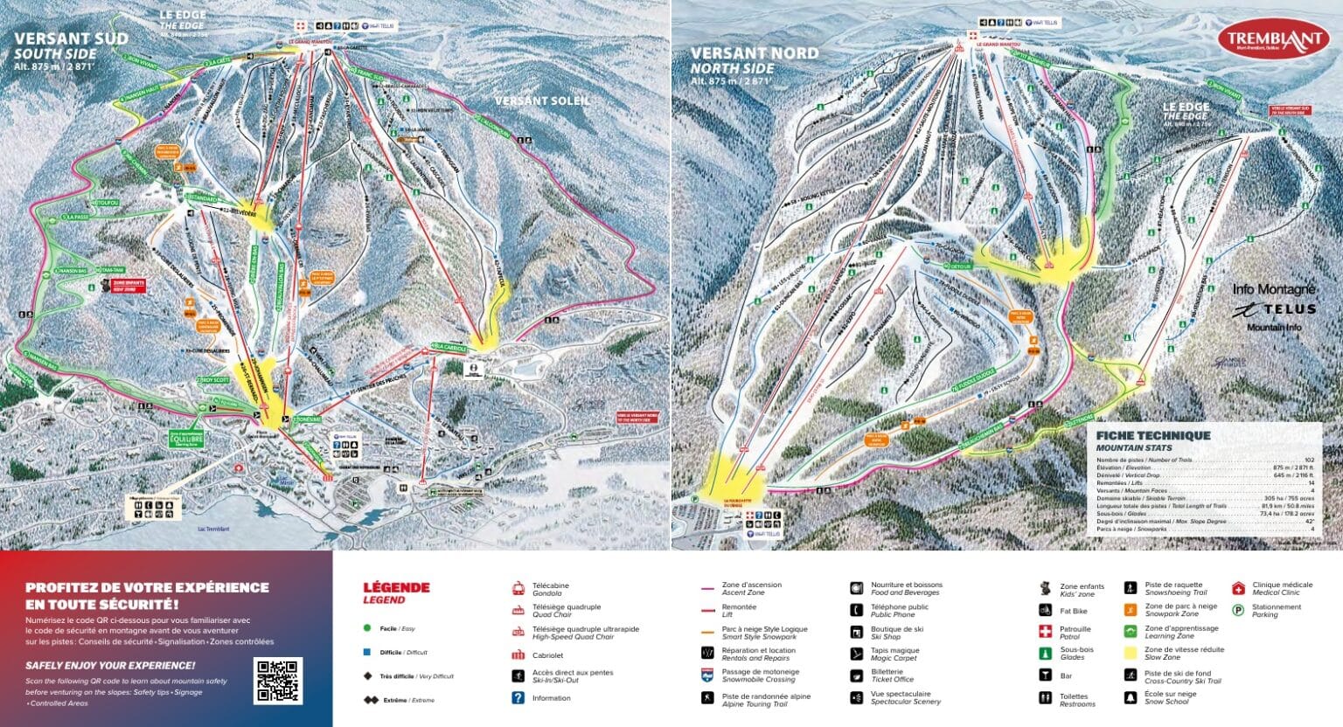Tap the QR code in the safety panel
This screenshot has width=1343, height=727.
point(278,682)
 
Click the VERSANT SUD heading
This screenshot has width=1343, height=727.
point(71,38)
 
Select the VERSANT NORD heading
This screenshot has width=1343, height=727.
point(754,53)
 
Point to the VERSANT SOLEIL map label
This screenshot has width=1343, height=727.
point(542,101)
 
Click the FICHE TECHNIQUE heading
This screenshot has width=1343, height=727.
point(1152,435)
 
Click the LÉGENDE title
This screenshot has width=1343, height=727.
point(396,587)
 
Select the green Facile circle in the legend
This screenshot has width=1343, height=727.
point(368,627)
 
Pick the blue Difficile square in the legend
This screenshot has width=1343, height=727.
point(368,652)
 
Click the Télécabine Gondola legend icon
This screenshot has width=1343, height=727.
point(518,588)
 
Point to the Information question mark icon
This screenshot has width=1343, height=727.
point(518,698)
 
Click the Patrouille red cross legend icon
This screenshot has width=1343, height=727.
point(1045,631)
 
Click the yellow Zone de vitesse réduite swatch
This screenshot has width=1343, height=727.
point(1131,653)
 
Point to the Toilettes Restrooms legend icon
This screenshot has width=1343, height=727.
point(1045,698)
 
